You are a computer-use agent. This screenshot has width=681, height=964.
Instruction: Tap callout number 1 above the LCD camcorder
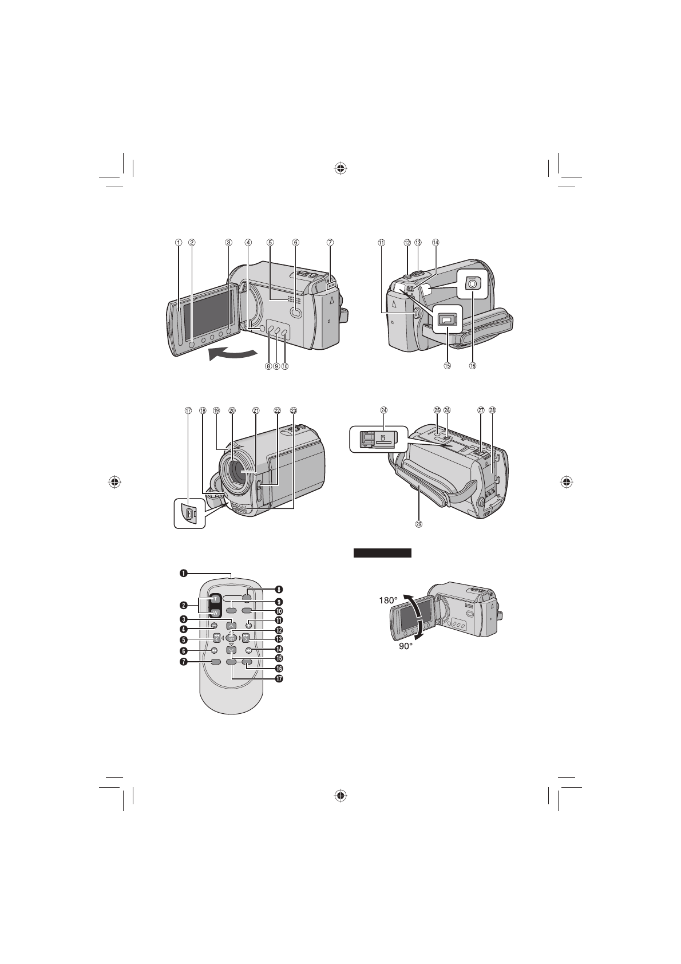pyautogui.click(x=179, y=242)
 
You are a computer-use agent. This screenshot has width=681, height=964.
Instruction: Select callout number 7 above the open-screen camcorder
pyautogui.click(x=330, y=242)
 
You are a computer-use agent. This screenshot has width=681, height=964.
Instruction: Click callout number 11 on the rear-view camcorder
pyautogui.click(x=382, y=242)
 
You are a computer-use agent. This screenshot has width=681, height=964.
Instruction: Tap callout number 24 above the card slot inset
pyautogui.click(x=383, y=410)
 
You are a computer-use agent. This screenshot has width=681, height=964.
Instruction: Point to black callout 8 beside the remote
pyautogui.click(x=279, y=589)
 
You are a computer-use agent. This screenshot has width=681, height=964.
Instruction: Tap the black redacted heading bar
pyautogui.click(x=382, y=553)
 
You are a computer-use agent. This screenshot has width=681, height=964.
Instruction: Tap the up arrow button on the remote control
pyautogui.click(x=231, y=626)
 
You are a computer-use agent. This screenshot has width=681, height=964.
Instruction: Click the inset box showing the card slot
pyautogui.click(x=378, y=439)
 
